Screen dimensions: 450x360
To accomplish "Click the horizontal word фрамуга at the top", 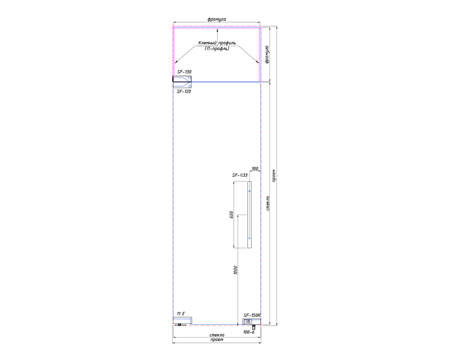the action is [x=217, y=19].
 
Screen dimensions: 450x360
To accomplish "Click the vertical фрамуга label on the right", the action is [x=267, y=54].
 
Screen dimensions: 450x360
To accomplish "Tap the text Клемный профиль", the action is [x=217, y=43].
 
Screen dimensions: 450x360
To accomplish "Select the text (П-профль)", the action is [x=217, y=49].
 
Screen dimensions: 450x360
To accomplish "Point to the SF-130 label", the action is [x=184, y=72].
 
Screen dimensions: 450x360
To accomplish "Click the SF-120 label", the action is [x=184, y=91].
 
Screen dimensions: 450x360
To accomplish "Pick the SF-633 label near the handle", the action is [x=240, y=175].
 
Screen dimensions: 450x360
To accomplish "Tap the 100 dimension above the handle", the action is [x=255, y=168].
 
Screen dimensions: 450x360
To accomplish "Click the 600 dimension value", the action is [x=231, y=215].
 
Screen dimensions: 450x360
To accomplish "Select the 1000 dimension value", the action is [x=235, y=270].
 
